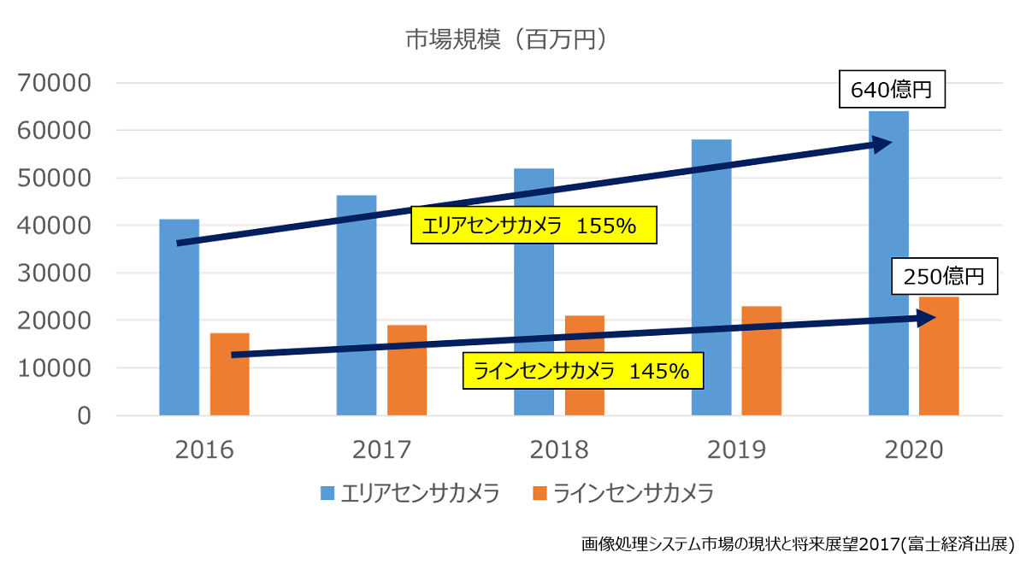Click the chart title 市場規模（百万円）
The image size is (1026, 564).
point(507,40)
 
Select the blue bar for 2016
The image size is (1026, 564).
point(179,325)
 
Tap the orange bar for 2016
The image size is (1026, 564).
point(229,376)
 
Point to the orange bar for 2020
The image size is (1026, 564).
point(939,359)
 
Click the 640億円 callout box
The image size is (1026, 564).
point(891,89)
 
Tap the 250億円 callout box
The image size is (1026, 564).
point(945,277)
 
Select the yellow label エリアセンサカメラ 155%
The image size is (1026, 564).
point(535,226)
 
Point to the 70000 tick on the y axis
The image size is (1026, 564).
point(54,84)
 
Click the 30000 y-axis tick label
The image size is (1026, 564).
point(54,273)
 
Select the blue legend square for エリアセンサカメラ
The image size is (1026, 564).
point(327,493)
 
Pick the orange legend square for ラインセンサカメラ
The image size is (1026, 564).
point(539,493)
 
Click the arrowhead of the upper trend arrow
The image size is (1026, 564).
point(886,143)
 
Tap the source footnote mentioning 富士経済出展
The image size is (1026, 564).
point(797,543)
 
